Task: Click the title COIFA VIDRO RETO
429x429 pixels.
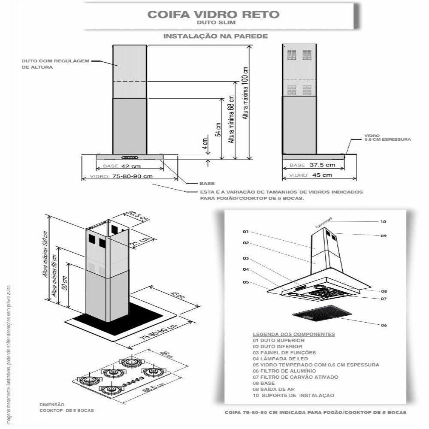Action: coord(213,14)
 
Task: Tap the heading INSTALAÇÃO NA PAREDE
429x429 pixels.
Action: coord(215,36)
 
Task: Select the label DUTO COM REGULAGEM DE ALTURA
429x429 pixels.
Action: coord(55,64)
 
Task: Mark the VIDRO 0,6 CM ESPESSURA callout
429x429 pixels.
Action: coord(387,137)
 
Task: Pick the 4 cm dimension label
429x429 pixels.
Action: coord(205,145)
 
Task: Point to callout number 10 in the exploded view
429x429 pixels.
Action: coord(383,222)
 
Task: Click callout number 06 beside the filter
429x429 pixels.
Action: coord(383,326)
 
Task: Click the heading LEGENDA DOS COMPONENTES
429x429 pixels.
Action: coord(294,334)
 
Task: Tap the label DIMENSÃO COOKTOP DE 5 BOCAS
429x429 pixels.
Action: coord(66,408)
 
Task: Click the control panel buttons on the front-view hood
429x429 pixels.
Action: coord(130,157)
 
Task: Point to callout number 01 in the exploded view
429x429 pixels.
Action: coord(246,232)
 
